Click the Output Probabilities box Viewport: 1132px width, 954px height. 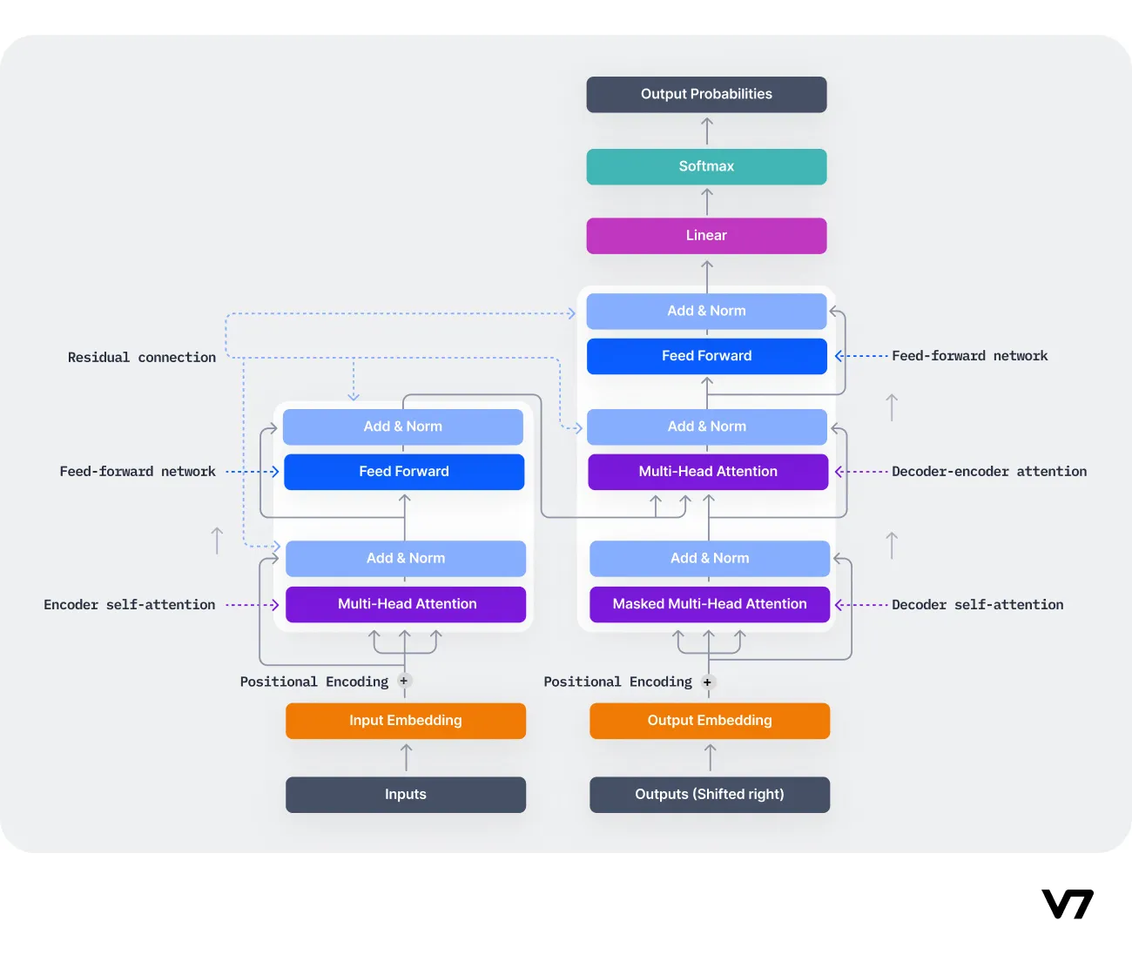[706, 94]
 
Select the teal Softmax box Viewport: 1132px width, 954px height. [706, 166]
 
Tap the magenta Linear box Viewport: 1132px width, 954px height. [706, 236]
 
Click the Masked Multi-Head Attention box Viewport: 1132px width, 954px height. [709, 604]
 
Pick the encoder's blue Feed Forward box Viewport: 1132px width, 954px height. [404, 472]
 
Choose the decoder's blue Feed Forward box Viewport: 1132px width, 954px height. [706, 356]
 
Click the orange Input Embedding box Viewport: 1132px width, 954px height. [406, 721]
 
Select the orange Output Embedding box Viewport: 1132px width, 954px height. [709, 721]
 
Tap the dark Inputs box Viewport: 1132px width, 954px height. [406, 795]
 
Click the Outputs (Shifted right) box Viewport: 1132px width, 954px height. [709, 795]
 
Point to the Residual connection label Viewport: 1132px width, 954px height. [142, 358]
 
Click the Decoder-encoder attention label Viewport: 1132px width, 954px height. [989, 472]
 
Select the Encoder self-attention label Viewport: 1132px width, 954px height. [130, 605]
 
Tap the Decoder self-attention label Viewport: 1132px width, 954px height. [977, 605]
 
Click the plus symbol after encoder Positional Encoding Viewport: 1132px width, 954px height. [404, 682]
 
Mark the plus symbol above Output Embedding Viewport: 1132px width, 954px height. [707, 682]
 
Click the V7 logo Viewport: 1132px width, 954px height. [1068, 904]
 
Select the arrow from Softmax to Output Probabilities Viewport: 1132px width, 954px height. [707, 131]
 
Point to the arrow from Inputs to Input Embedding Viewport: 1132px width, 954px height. [406, 757]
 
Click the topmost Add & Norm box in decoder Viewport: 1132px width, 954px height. [706, 311]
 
